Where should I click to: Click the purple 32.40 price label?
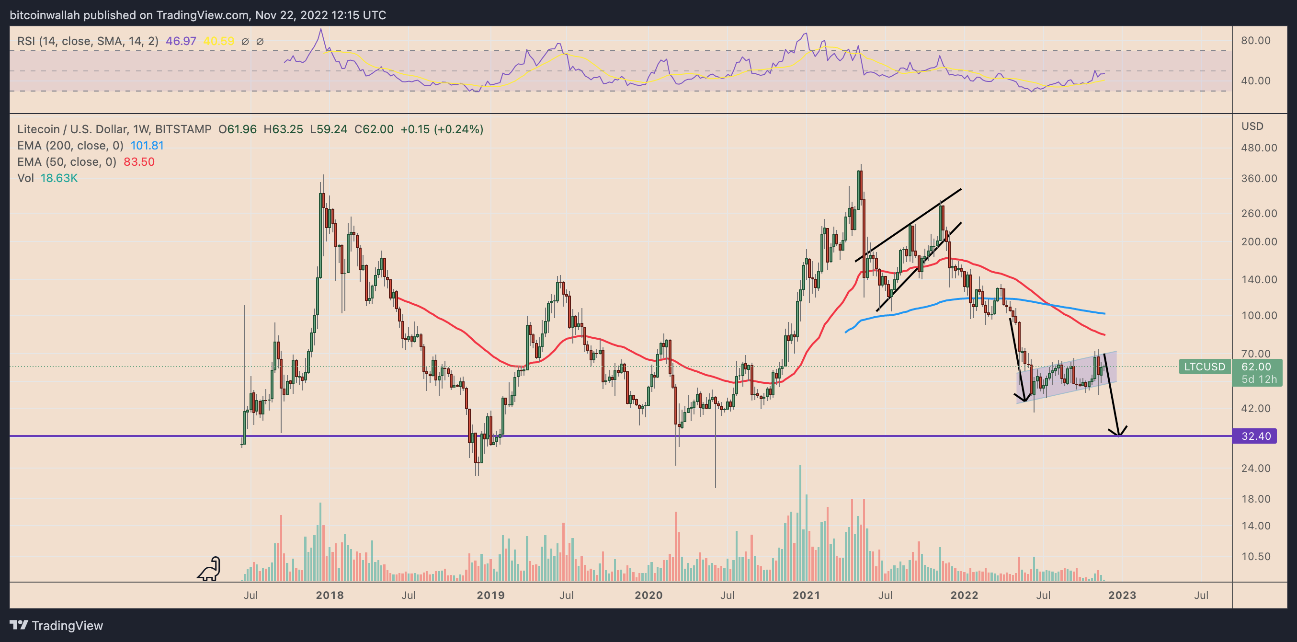tap(1255, 436)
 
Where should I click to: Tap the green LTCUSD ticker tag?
tap(1205, 367)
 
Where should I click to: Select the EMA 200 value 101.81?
tap(147, 146)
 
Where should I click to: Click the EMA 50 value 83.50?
tap(139, 161)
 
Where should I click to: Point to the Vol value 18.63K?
tap(59, 178)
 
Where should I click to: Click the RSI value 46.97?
tap(181, 41)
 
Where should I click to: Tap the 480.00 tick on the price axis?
tap(1259, 148)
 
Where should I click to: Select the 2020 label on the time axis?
tap(648, 595)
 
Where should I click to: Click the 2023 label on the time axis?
tap(1122, 595)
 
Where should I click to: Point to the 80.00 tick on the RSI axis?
tap(1256, 40)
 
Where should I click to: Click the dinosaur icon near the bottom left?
tap(209, 569)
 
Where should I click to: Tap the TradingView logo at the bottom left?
tap(57, 625)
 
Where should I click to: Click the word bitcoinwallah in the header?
tap(45, 15)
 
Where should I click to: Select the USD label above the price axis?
tap(1252, 126)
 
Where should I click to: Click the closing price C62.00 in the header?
tap(374, 129)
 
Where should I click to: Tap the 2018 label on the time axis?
tap(330, 595)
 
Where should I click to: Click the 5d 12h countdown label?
tap(1259, 379)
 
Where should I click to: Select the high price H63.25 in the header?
tap(283, 129)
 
